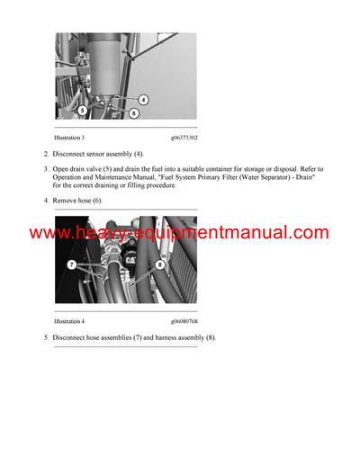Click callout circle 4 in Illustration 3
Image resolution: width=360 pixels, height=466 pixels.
(143, 99)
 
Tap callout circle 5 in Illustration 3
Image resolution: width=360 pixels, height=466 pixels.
(82, 110)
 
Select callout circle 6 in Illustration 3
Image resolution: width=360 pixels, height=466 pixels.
(134, 113)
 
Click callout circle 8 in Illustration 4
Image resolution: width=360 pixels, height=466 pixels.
(160, 264)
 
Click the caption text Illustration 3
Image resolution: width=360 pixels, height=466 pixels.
(70, 138)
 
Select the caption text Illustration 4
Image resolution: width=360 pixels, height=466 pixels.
(70, 320)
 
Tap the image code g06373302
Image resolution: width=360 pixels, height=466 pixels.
(184, 138)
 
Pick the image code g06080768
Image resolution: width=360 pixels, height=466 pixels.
(184, 320)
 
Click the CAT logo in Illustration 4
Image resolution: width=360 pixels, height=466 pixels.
(131, 259)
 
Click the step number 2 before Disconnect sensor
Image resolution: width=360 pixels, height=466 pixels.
(46, 155)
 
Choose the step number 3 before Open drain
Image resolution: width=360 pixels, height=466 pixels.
(46, 169)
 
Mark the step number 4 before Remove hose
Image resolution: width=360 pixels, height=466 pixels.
(46, 200)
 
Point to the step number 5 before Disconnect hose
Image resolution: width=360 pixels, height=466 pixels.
(46, 337)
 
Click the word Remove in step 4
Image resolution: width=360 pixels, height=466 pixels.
(65, 200)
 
